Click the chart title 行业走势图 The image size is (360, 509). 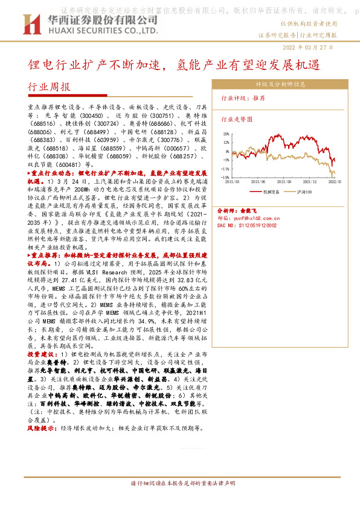(x=236, y=120)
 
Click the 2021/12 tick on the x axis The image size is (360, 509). (x=311, y=181)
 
